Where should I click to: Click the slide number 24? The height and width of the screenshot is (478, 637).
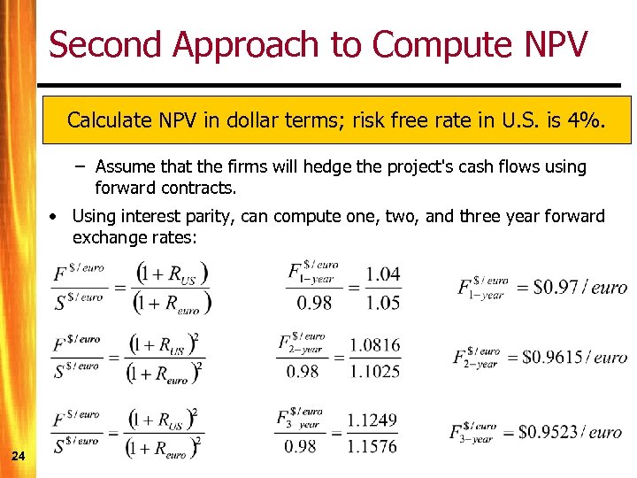[18, 456]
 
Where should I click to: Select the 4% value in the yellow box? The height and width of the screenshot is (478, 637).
[588, 119]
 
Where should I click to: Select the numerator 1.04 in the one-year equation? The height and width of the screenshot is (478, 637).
[382, 274]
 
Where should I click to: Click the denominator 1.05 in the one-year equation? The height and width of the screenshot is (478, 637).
[382, 303]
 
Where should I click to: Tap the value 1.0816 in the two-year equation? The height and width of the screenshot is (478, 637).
[374, 345]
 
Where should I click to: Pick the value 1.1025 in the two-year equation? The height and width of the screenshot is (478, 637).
[374, 372]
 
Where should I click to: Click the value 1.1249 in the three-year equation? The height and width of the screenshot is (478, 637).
[372, 420]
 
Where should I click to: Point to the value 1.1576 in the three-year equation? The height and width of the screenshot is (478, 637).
[372, 447]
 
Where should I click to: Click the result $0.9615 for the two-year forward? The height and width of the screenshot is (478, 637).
[552, 358]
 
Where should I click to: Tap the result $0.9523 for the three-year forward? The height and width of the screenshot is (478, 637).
[549, 432]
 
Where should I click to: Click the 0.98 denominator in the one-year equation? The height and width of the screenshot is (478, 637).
[315, 303]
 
